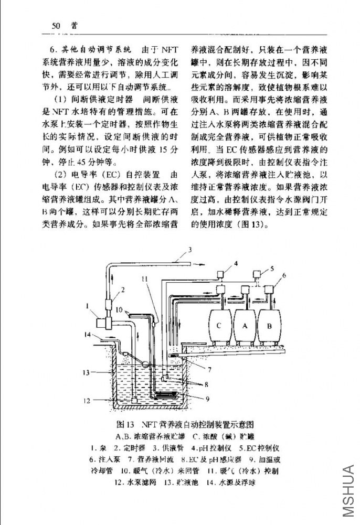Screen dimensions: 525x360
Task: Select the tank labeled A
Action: (x=245, y=325)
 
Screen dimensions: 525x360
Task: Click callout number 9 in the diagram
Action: (x=207, y=399)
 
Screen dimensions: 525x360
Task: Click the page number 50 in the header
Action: (x=57, y=25)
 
